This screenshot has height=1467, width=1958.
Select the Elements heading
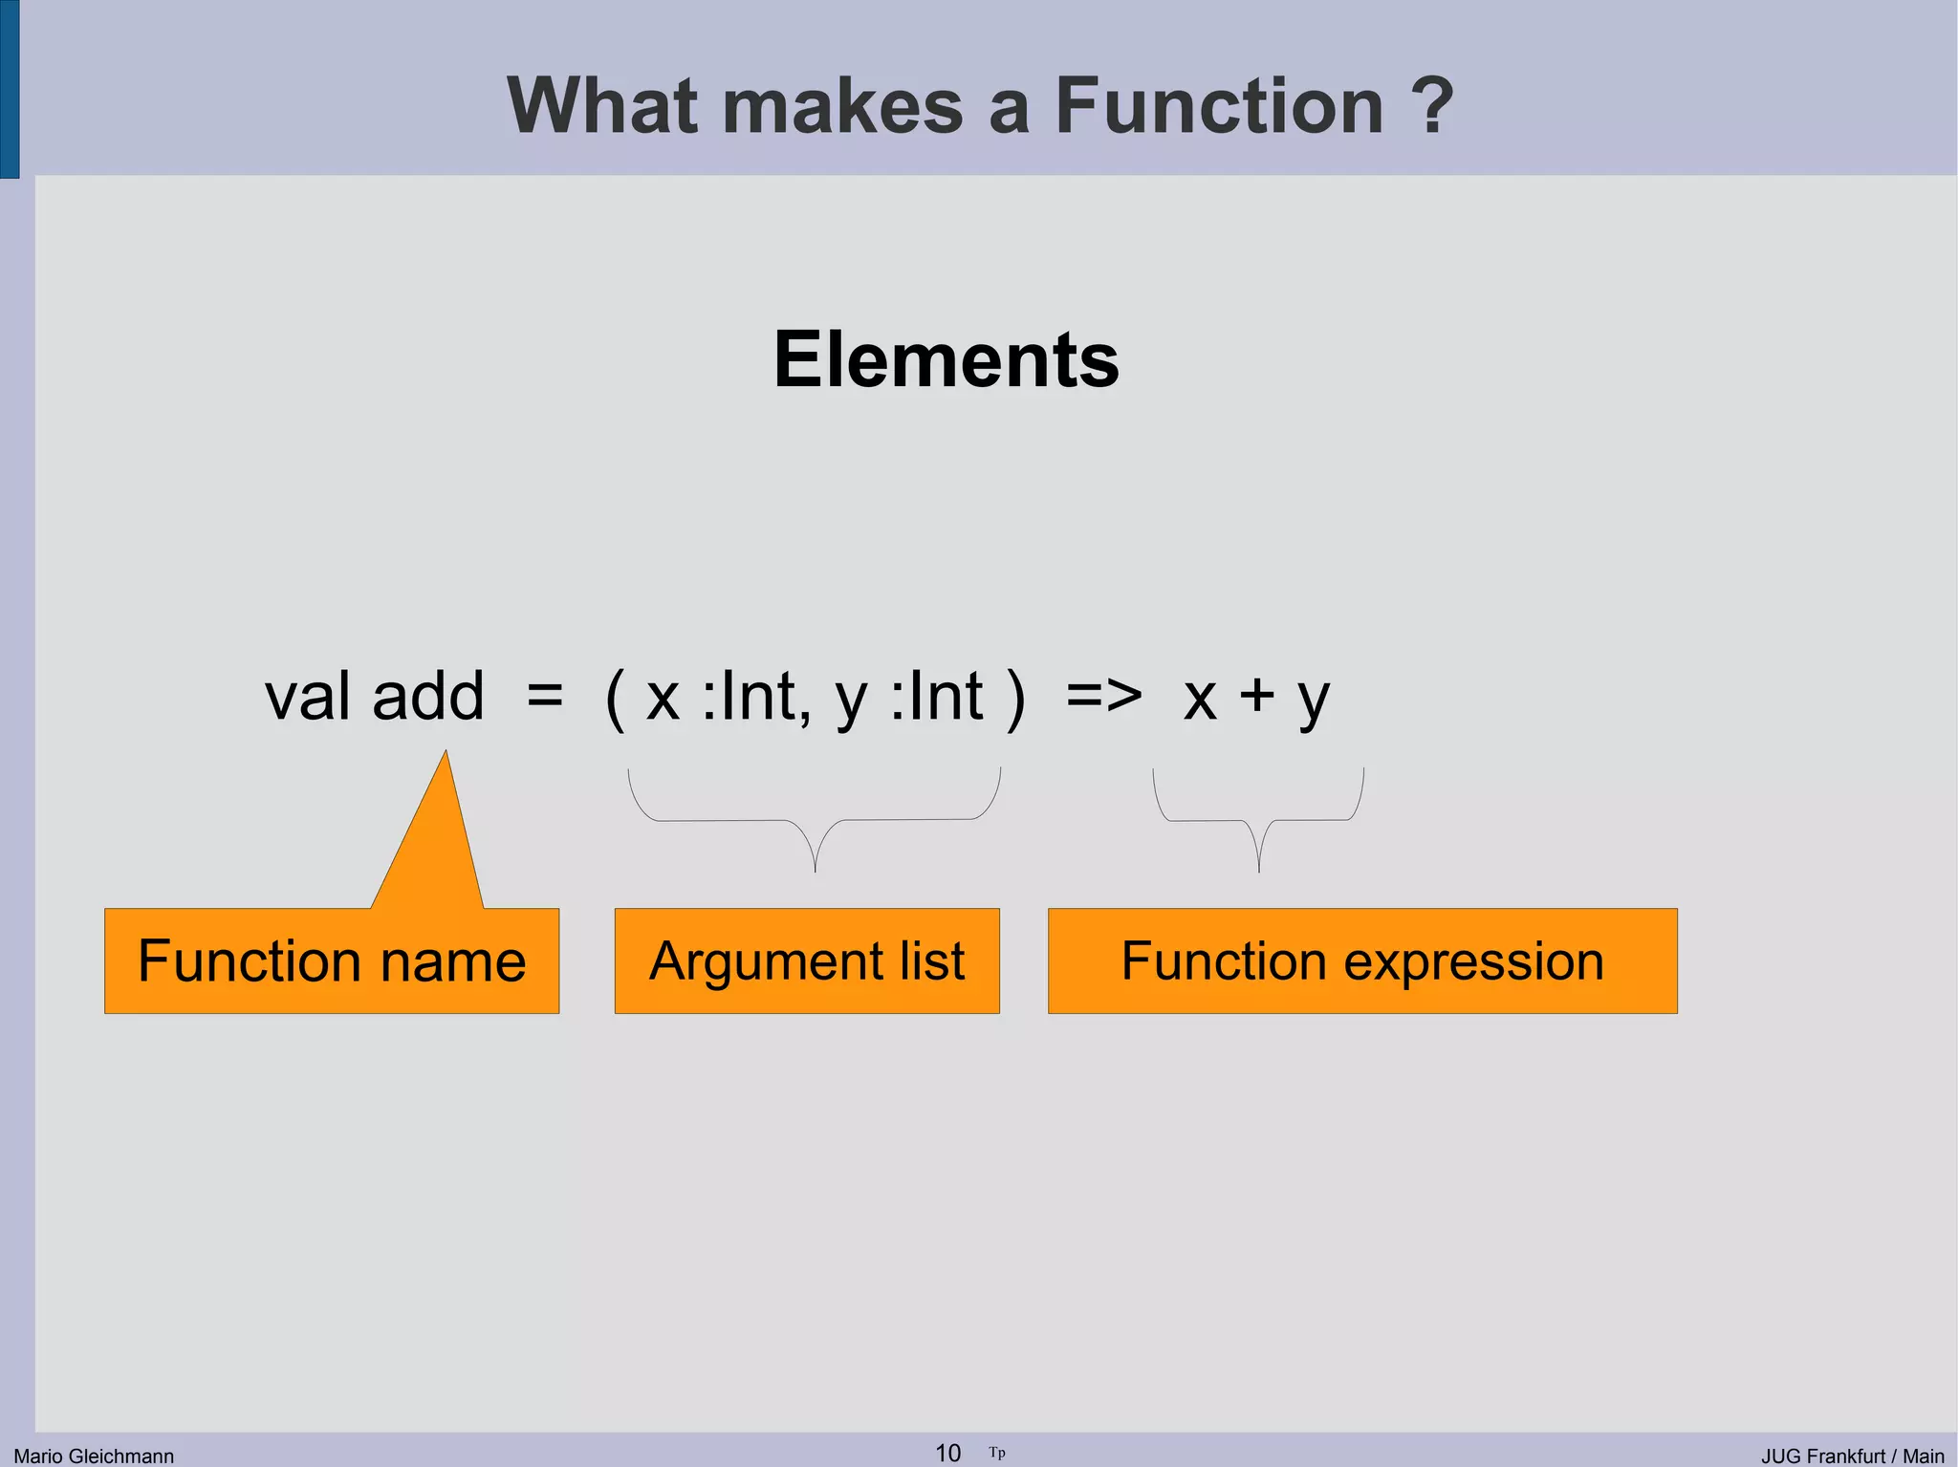click(x=946, y=359)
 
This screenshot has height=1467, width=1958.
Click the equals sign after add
click(x=544, y=696)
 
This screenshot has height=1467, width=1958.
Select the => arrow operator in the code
click(x=1103, y=696)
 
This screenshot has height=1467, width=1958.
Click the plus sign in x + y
click(x=1256, y=696)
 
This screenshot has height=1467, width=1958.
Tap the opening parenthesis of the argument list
click(x=616, y=700)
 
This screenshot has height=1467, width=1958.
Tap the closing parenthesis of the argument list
click(x=1015, y=700)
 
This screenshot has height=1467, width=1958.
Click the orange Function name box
click(x=331, y=960)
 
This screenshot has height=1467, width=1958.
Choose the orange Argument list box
click(x=806, y=960)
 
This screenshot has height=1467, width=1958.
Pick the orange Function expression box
click(x=1361, y=960)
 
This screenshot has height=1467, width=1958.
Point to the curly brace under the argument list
click(x=815, y=821)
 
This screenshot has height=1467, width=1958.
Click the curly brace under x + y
click(x=1258, y=821)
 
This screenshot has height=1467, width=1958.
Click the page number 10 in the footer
click(x=947, y=1453)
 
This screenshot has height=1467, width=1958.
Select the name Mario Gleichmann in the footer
click(x=94, y=1456)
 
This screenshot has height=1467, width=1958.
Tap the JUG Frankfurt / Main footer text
click(x=1852, y=1456)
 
